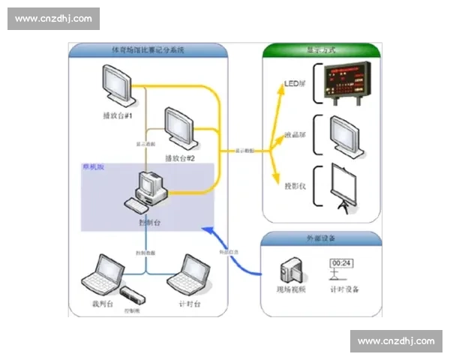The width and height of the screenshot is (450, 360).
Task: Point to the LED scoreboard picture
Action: (344, 82)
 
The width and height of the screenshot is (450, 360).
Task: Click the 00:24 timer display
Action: (341, 264)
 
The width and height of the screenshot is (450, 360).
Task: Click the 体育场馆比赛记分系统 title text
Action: (147, 51)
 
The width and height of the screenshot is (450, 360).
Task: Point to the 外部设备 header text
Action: (322, 238)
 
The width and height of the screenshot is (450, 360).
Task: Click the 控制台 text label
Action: (150, 223)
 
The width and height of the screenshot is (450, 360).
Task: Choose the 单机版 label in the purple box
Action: (93, 168)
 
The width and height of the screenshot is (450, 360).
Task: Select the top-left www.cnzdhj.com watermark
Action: (53, 18)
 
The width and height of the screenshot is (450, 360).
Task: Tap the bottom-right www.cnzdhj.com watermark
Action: (396, 341)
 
